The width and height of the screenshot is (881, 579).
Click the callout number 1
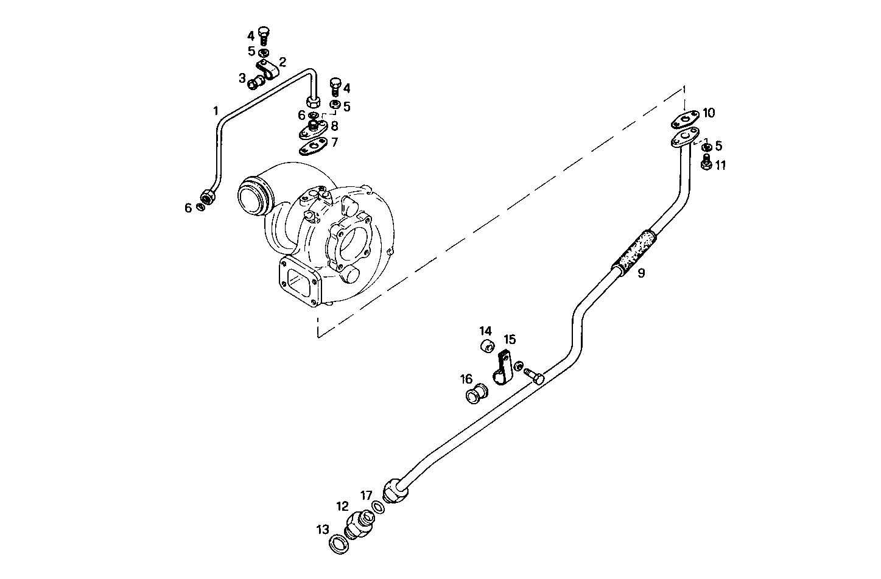tap(215, 111)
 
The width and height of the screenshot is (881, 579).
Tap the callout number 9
tap(641, 273)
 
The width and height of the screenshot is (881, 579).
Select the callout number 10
tap(709, 113)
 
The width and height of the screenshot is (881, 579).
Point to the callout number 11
tap(720, 165)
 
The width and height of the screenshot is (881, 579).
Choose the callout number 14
tap(485, 331)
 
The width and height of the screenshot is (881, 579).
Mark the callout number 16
tap(466, 379)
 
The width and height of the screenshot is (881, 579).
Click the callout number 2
tap(282, 62)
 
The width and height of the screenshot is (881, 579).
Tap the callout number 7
tap(334, 142)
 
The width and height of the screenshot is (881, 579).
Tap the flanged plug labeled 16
tap(474, 395)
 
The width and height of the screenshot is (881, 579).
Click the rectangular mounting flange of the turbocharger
tap(300, 281)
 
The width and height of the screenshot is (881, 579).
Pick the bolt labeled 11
tap(706, 163)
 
